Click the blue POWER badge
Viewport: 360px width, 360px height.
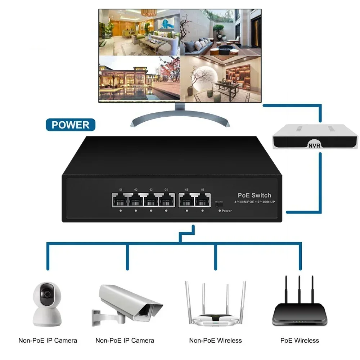[x=71, y=125]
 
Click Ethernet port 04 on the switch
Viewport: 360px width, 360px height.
[x=166, y=201]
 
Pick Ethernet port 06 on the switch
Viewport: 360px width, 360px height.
[x=203, y=201]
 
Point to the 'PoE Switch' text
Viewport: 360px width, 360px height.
[x=255, y=195]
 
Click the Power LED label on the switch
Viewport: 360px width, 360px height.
[x=226, y=211]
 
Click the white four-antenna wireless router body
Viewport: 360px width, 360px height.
[x=215, y=320]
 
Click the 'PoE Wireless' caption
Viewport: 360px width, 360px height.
[x=300, y=340]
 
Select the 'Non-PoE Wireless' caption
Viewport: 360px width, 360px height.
[x=215, y=340]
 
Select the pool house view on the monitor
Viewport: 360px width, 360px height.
[x=139, y=78]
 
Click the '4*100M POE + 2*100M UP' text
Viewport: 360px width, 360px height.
[x=255, y=202]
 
